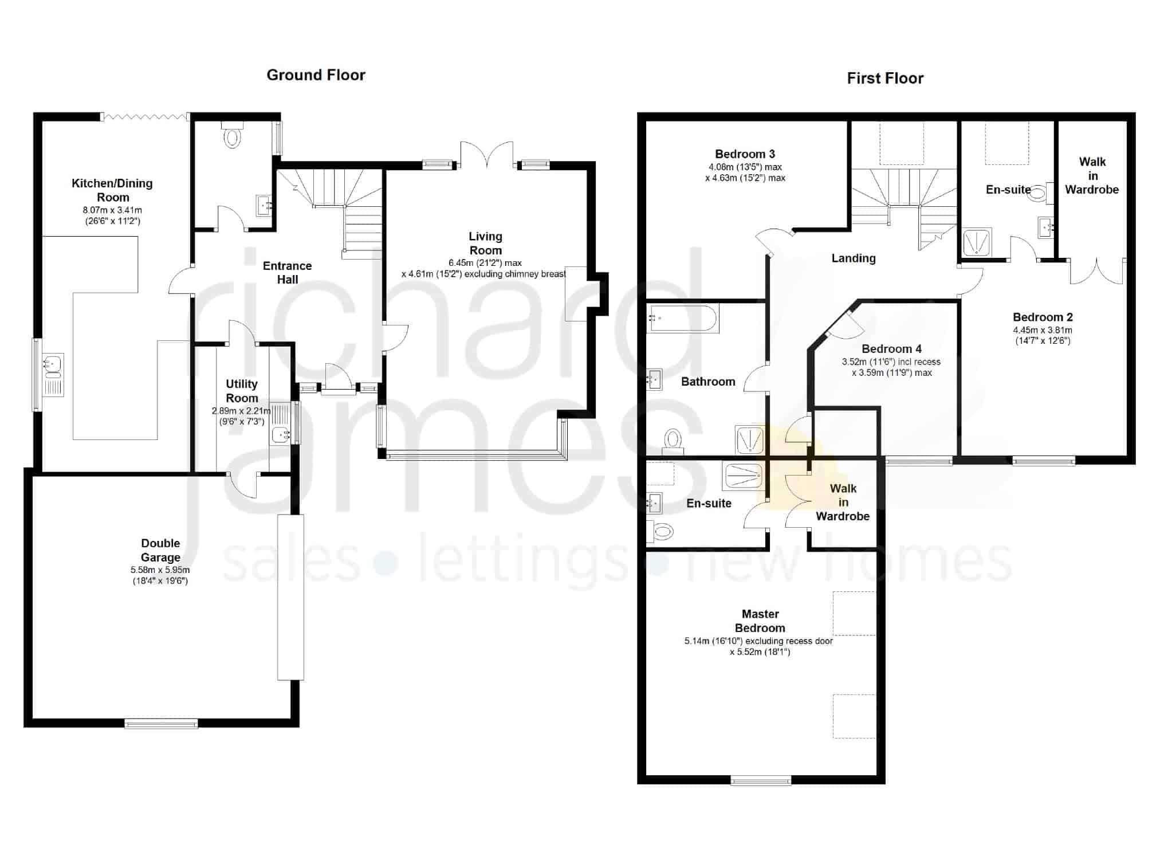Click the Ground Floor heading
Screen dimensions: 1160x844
click(x=316, y=75)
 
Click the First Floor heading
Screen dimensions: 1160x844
click(x=885, y=78)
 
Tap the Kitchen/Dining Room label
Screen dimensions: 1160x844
click(x=112, y=190)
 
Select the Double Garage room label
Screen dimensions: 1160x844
click(x=160, y=550)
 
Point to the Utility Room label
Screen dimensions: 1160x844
click(x=242, y=391)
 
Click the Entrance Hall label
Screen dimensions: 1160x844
click(x=288, y=273)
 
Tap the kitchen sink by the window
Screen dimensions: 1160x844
click(x=53, y=375)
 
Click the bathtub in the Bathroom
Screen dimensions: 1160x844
click(x=683, y=319)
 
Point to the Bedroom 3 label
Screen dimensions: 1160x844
click(x=745, y=154)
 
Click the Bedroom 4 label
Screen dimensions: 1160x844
click(x=891, y=349)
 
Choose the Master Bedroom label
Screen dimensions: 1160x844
click(x=760, y=621)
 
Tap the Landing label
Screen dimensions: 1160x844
click(x=854, y=258)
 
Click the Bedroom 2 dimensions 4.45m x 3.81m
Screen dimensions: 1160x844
click(x=1043, y=330)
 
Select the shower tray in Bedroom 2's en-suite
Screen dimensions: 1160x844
click(x=977, y=242)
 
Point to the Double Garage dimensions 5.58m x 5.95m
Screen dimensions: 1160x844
click(x=160, y=570)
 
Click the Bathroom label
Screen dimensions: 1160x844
click(x=708, y=382)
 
